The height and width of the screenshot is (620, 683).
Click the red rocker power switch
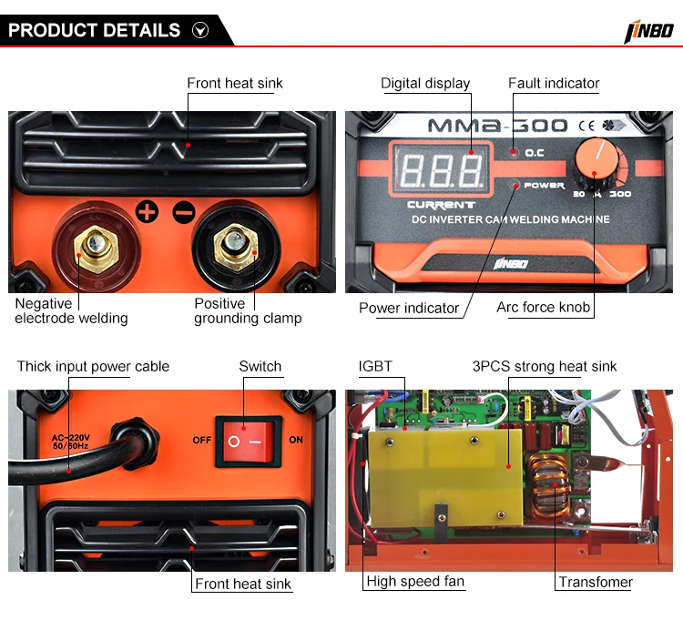point(249,442)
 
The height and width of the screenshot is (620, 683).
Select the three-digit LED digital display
point(442,169)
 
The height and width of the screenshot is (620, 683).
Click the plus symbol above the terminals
point(148,212)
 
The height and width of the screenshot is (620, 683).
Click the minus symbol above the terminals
point(184,212)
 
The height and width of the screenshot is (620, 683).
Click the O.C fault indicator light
point(515,152)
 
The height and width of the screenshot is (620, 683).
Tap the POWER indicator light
point(515,185)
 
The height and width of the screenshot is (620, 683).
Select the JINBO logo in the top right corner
point(648,31)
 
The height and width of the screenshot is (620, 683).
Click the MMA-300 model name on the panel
point(497,126)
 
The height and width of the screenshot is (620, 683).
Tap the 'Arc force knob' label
point(543,308)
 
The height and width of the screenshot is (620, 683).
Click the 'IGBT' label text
point(375,367)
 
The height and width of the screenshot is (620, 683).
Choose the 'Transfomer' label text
point(596,582)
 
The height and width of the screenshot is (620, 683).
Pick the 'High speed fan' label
point(415,581)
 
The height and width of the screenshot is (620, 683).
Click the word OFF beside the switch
point(201,440)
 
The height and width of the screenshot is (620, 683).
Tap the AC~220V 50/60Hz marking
point(70,442)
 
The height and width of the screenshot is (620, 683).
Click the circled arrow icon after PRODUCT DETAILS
point(200,30)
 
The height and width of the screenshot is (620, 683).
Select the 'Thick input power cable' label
point(93,367)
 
